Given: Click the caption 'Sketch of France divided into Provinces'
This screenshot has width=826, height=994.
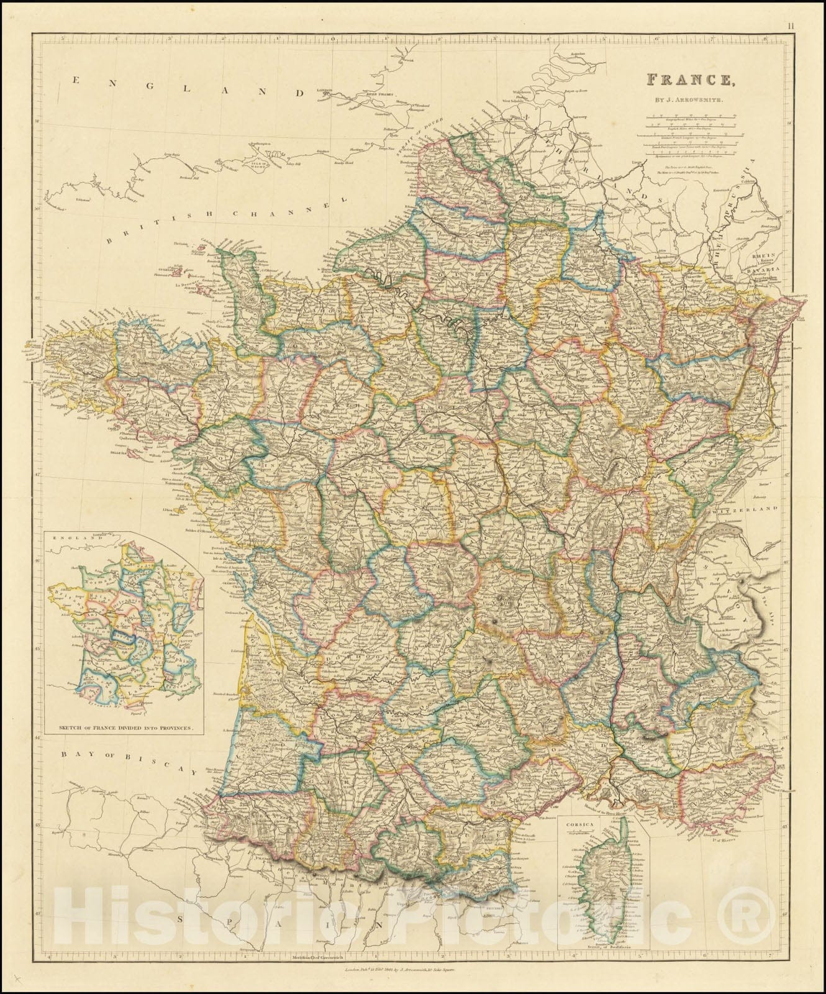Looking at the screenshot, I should pos(130,726).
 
